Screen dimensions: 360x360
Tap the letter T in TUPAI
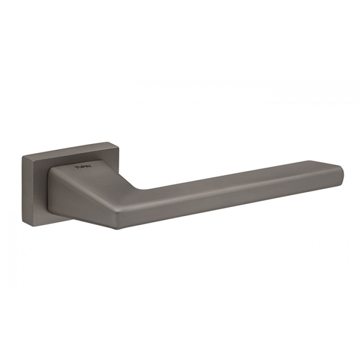76,168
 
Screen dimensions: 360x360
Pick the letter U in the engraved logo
80,167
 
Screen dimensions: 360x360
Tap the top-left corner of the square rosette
22,156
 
